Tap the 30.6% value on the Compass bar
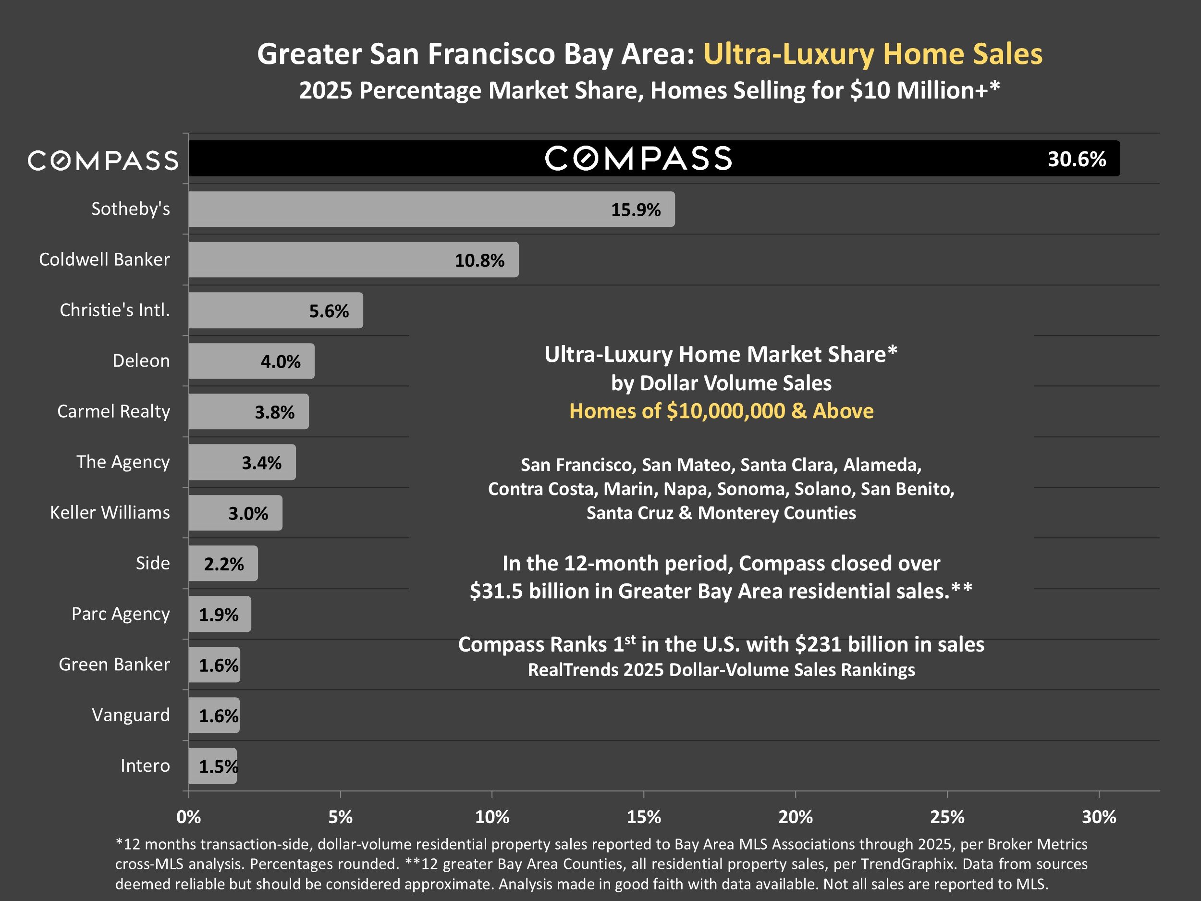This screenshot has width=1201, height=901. [x=1077, y=159]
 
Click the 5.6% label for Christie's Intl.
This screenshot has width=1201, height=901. [x=329, y=310]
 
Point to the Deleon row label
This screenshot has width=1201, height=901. [x=141, y=360]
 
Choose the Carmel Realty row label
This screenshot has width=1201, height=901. [x=113, y=411]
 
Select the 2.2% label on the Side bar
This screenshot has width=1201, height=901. [x=224, y=564]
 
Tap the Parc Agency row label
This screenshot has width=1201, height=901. [x=121, y=614]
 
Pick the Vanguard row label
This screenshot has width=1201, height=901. [x=131, y=715]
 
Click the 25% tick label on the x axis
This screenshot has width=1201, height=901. [x=947, y=817]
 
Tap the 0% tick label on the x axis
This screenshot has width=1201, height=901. [x=189, y=817]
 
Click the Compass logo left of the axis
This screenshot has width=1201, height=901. [x=103, y=160]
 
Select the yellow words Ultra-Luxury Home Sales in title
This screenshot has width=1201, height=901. [x=872, y=54]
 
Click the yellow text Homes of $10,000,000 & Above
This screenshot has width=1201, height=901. [x=721, y=411]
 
